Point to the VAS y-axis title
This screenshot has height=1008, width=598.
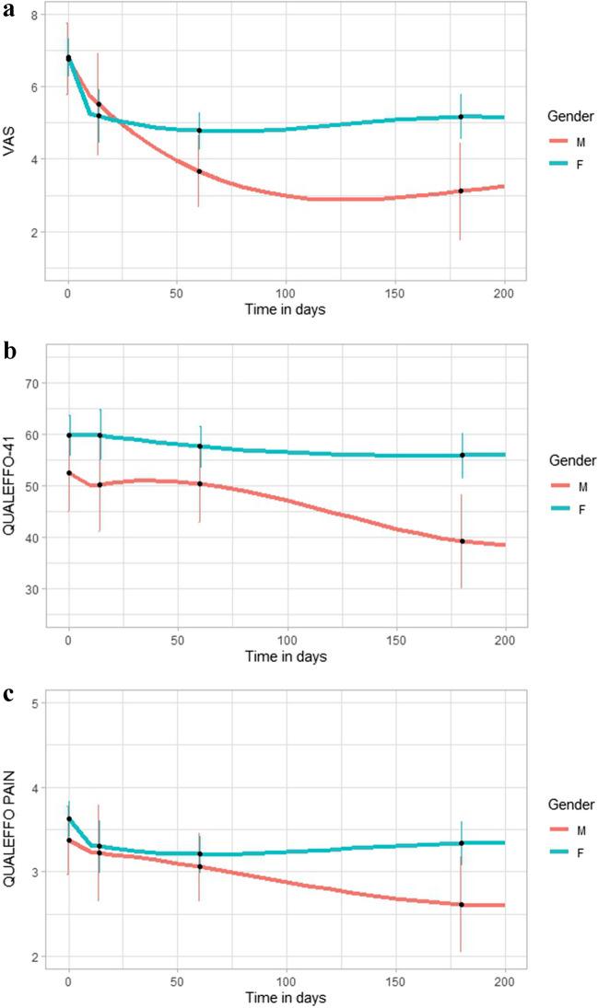pyautogui.click(x=12, y=142)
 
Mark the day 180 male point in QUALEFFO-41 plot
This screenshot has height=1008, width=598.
pyautogui.click(x=462, y=541)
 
